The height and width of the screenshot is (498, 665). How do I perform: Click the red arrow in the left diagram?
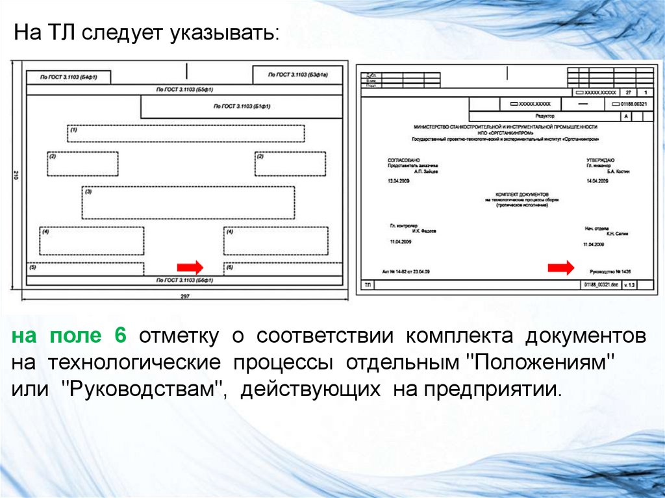pyautogui.click(x=190, y=267)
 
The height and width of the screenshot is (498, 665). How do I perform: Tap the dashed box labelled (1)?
pyautogui.click(x=186, y=133)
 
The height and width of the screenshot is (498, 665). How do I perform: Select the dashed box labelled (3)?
pyautogui.click(x=188, y=203)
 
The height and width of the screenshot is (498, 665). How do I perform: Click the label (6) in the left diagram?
pyautogui.click(x=229, y=267)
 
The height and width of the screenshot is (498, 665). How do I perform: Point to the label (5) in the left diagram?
pyautogui.click(x=33, y=267)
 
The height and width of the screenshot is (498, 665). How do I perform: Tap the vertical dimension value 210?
pyautogui.click(x=16, y=175)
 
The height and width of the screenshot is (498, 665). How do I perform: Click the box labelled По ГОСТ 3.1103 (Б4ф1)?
pyautogui.click(x=68, y=77)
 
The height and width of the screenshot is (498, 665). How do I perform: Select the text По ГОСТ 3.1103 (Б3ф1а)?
pyautogui.click(x=297, y=75)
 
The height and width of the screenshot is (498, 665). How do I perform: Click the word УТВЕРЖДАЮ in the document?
pyautogui.click(x=601, y=160)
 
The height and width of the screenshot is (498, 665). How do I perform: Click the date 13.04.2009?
pyautogui.click(x=399, y=181)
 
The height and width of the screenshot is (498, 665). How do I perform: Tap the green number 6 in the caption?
pyautogui.click(x=119, y=336)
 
